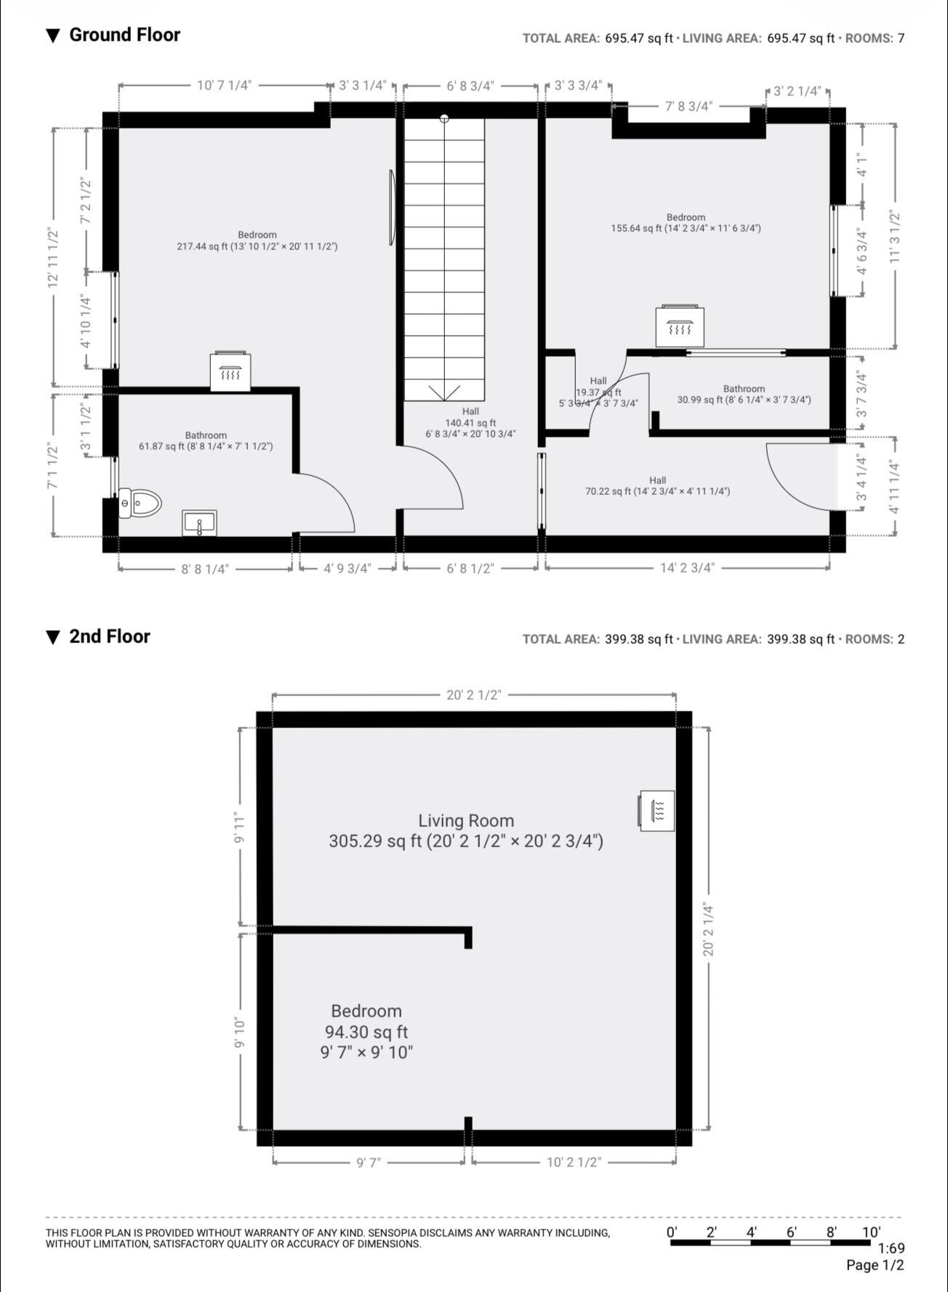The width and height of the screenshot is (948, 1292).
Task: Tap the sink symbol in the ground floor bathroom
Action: point(199,523)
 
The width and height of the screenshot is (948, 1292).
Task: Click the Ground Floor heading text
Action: point(124,35)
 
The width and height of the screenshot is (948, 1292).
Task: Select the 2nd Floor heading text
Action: point(109,637)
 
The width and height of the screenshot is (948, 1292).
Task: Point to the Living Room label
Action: point(465,821)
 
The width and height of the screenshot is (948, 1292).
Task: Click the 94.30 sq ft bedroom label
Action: point(366,1031)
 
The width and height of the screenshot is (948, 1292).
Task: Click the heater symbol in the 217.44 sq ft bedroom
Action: point(230,372)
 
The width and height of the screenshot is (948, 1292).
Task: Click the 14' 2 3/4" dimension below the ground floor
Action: point(686,568)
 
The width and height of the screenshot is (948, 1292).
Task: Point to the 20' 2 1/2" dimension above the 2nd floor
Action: point(473,695)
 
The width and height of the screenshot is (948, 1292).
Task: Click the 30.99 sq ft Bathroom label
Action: point(744,395)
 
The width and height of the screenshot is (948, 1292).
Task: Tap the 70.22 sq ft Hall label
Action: point(658,485)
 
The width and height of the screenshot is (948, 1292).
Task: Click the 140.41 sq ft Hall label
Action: point(470,423)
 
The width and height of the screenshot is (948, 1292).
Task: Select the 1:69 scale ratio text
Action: point(891,1248)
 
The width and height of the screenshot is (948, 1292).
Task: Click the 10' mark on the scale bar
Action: point(871,1232)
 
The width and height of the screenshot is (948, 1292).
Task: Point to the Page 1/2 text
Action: point(875,1265)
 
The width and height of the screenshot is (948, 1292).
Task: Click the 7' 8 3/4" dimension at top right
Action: point(688,106)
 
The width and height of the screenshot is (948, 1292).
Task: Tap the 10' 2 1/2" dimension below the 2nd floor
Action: point(574,1162)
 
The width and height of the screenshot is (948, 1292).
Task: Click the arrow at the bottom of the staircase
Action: point(443,393)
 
